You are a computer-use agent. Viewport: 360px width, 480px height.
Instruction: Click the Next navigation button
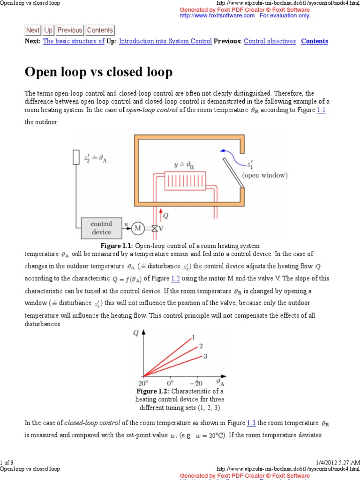[33, 30]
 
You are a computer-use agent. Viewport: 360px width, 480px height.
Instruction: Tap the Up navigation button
[49, 30]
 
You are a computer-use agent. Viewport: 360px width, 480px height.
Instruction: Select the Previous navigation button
[70, 30]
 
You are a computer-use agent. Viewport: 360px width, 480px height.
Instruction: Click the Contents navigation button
[100, 30]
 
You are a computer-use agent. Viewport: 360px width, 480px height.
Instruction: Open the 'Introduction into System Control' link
[165, 41]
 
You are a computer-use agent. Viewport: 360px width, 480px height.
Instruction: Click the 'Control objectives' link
[270, 41]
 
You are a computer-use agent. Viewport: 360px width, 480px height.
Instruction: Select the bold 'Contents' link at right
[315, 41]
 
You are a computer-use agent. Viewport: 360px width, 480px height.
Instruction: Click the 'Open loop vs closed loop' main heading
[98, 72]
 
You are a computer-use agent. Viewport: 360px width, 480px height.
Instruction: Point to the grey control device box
[101, 228]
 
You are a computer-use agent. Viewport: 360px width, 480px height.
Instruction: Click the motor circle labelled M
[138, 228]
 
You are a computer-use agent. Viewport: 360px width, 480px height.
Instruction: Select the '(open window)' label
[265, 175]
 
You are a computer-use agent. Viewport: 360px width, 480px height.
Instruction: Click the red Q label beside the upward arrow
[165, 216]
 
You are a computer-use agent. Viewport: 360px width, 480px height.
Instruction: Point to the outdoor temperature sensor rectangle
[76, 157]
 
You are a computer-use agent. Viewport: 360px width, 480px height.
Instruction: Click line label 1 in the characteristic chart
[192, 337]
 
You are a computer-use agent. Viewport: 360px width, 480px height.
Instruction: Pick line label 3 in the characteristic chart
[205, 356]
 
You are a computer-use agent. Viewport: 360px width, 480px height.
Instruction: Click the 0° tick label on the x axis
[171, 382]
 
